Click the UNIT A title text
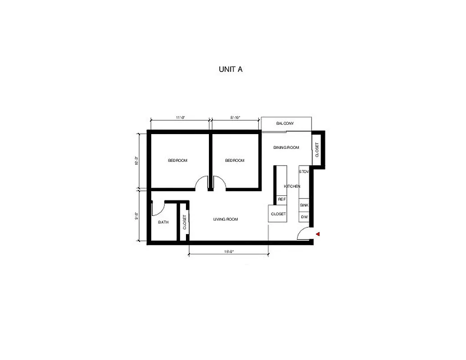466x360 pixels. click(x=231, y=69)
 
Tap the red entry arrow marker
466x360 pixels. click(x=318, y=234)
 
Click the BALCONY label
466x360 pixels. click(x=285, y=123)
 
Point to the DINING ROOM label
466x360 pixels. click(x=286, y=148)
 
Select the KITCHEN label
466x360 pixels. click(x=292, y=186)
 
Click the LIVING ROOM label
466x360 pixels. click(x=226, y=219)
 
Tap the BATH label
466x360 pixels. click(x=163, y=222)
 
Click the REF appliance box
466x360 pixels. click(x=282, y=199)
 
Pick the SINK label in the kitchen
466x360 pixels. click(x=304, y=205)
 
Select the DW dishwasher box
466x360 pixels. click(x=304, y=217)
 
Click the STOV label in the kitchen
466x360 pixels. click(x=304, y=171)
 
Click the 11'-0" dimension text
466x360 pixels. click(x=180, y=117)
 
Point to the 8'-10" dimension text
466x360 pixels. click(x=235, y=117)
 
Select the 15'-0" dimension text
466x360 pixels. click(x=229, y=252)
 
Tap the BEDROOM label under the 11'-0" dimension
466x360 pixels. click(x=178, y=161)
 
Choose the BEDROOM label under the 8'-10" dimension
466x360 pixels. click(x=235, y=161)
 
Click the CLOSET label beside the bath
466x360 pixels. click(x=185, y=222)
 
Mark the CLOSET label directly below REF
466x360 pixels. click(x=278, y=214)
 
